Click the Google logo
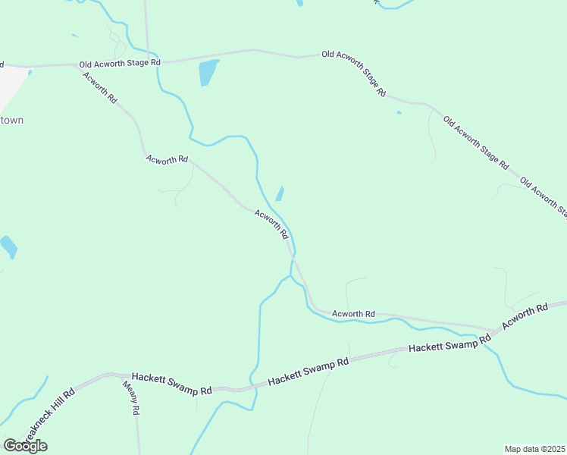pyautogui.click(x=25, y=445)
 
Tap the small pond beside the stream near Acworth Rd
pyautogui.click(x=280, y=193)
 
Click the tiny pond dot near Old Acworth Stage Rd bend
pyautogui.click(x=399, y=113)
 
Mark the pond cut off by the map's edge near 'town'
pyautogui.click(x=8, y=246)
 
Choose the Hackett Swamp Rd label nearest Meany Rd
pyautogui.click(x=171, y=384)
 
